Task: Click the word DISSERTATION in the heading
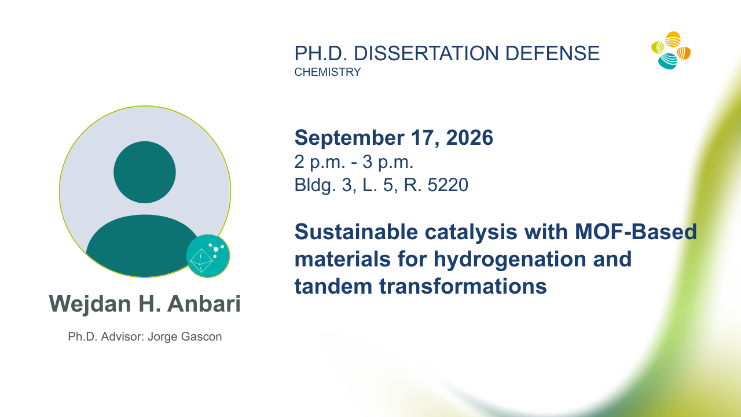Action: pyautogui.click(x=426, y=53)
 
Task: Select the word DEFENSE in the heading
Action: pyautogui.click(x=552, y=53)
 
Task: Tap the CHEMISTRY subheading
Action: pyautogui.click(x=328, y=72)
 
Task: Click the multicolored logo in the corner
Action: pyautogui.click(x=671, y=50)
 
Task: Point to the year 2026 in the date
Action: pyautogui.click(x=469, y=137)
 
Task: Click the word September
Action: pyautogui.click(x=349, y=138)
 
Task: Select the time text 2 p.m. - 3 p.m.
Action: pyautogui.click(x=354, y=162)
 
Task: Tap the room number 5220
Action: pyautogui.click(x=448, y=185)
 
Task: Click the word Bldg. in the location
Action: pyautogui.click(x=316, y=185)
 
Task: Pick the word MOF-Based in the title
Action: pyautogui.click(x=636, y=231)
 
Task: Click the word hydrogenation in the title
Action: pyautogui.click(x=509, y=259)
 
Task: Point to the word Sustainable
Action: pyautogui.click(x=356, y=231)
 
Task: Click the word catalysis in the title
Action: pyautogui.click(x=471, y=232)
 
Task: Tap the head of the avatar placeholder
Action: pyautogui.click(x=145, y=172)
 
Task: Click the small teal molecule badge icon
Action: pyautogui.click(x=208, y=256)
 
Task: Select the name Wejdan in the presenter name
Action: pyautogui.click(x=90, y=304)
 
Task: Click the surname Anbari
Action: pyautogui.click(x=204, y=303)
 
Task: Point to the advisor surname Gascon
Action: pyautogui.click(x=201, y=336)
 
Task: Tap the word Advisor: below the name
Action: pyautogui.click(x=122, y=336)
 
